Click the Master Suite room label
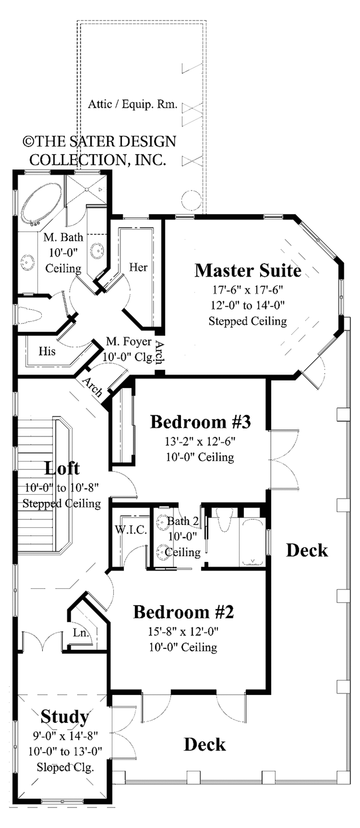click(248, 271)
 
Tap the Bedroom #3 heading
click(200, 422)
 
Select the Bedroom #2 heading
click(184, 612)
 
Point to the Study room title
click(65, 717)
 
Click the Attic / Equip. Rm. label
click(133, 104)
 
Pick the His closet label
click(47, 351)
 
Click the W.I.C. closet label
click(131, 530)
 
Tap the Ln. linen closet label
click(81, 633)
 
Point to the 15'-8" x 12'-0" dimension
click(183, 632)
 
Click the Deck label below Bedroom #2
click(205, 745)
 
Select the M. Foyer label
click(129, 342)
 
